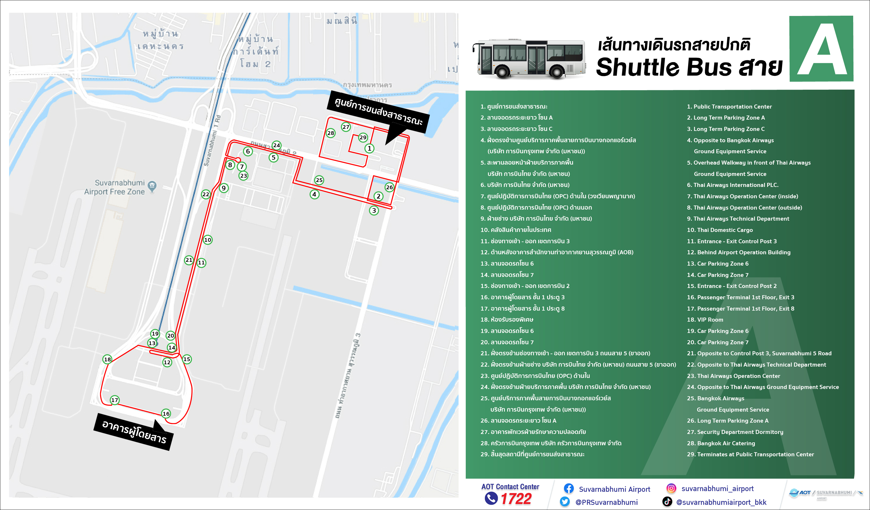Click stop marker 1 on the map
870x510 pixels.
[x=369, y=149]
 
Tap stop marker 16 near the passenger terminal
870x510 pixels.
[x=166, y=414]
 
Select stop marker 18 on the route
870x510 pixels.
[x=107, y=359]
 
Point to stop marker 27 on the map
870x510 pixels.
[x=346, y=127]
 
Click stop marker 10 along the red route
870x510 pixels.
[x=207, y=240]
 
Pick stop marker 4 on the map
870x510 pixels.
[x=314, y=194]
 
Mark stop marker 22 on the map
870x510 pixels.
[x=206, y=194]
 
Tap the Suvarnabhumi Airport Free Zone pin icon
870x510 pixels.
[x=152, y=186]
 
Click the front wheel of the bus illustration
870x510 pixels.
[x=502, y=71]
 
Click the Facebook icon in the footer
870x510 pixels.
[x=569, y=488]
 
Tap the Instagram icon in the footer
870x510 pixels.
[x=671, y=488]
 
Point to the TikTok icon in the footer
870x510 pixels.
[x=667, y=501]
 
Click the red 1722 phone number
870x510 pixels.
[x=516, y=499]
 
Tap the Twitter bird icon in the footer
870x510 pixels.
[x=565, y=501]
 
